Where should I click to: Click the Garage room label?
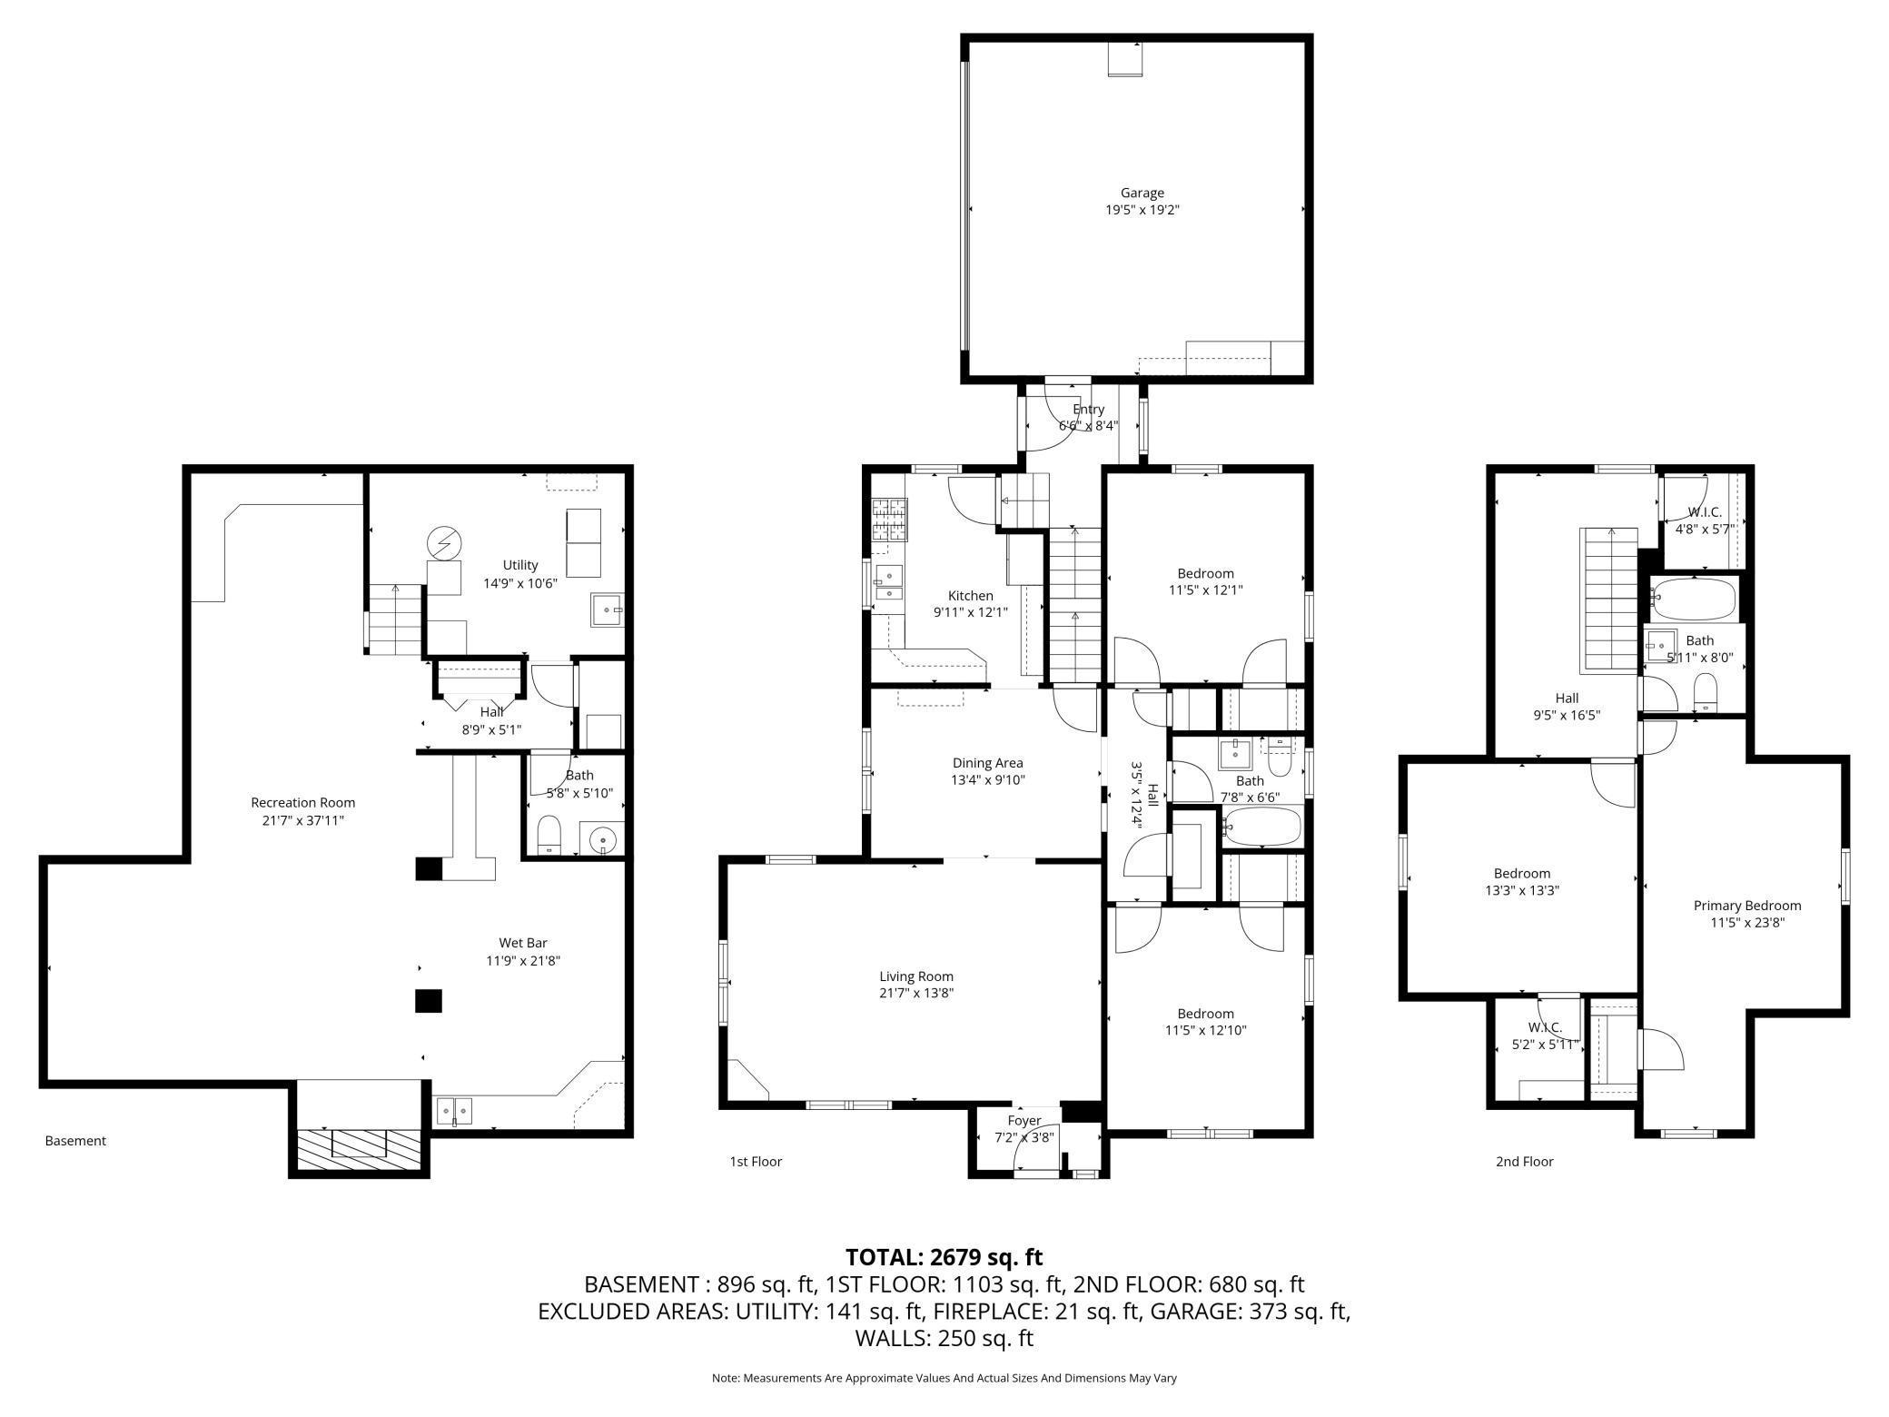(1142, 193)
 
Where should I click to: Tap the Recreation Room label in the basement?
(303, 803)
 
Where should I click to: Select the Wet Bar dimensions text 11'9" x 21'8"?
(523, 960)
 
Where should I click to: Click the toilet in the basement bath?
(549, 835)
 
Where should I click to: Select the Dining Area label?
(988, 763)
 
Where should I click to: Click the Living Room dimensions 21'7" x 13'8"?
(916, 993)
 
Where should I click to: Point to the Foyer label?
(1024, 1121)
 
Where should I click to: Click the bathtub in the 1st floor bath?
(1261, 827)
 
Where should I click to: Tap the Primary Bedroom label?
(1747, 906)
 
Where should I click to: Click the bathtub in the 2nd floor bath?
(1694, 599)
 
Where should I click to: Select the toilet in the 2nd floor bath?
(1706, 693)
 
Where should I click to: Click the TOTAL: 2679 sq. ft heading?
(944, 1257)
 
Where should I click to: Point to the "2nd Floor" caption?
(1525, 1161)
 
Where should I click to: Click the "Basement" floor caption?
(75, 1141)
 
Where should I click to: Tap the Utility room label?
(520, 565)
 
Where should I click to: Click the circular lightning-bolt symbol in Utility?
(444, 544)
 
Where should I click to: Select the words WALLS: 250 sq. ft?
(944, 1338)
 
